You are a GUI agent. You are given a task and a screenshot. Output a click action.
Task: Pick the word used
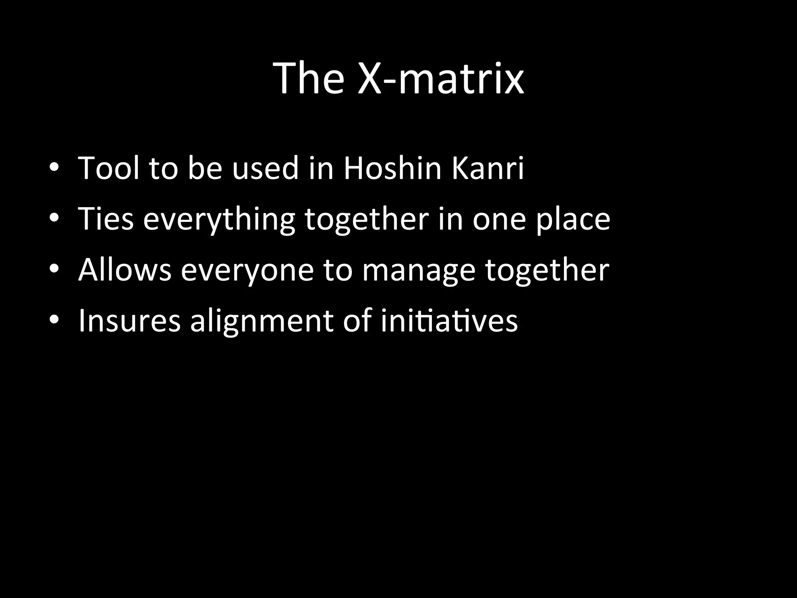[265, 169]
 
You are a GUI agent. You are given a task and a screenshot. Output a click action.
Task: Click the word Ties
[106, 219]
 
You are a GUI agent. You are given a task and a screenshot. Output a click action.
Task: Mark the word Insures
[130, 321]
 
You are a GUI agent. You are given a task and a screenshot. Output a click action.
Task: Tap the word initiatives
[449, 321]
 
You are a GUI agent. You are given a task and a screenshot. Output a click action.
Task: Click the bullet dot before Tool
[54, 168]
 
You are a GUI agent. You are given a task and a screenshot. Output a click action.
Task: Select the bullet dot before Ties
[54, 218]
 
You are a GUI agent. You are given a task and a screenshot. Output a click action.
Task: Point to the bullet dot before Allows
[54, 269]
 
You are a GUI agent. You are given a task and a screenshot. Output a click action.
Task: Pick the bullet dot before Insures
[54, 320]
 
